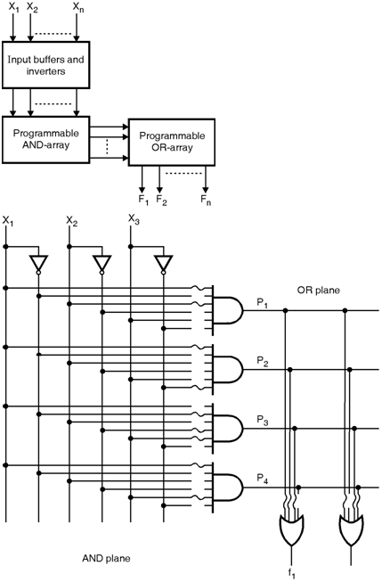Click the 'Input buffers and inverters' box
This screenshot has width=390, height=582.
point(45,65)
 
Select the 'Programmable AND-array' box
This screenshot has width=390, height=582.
point(45,139)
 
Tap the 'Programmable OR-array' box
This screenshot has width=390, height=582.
point(172,142)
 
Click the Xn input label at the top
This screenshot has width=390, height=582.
point(77,7)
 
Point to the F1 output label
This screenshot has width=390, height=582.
point(143,200)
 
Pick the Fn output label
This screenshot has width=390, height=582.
point(206,200)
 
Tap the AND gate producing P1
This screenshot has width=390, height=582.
point(227,310)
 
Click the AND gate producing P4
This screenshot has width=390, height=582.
point(227,488)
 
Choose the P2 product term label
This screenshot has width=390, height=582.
point(263,361)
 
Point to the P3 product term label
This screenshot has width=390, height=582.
point(263,421)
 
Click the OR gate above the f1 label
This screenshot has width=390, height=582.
point(291,529)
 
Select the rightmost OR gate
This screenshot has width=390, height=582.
point(352,529)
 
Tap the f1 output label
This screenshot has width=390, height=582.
point(292,572)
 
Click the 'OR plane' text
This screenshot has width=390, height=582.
point(318,290)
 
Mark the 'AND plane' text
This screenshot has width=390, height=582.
point(106,558)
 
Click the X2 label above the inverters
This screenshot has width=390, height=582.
point(72,221)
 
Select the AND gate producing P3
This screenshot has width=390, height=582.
point(227,429)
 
